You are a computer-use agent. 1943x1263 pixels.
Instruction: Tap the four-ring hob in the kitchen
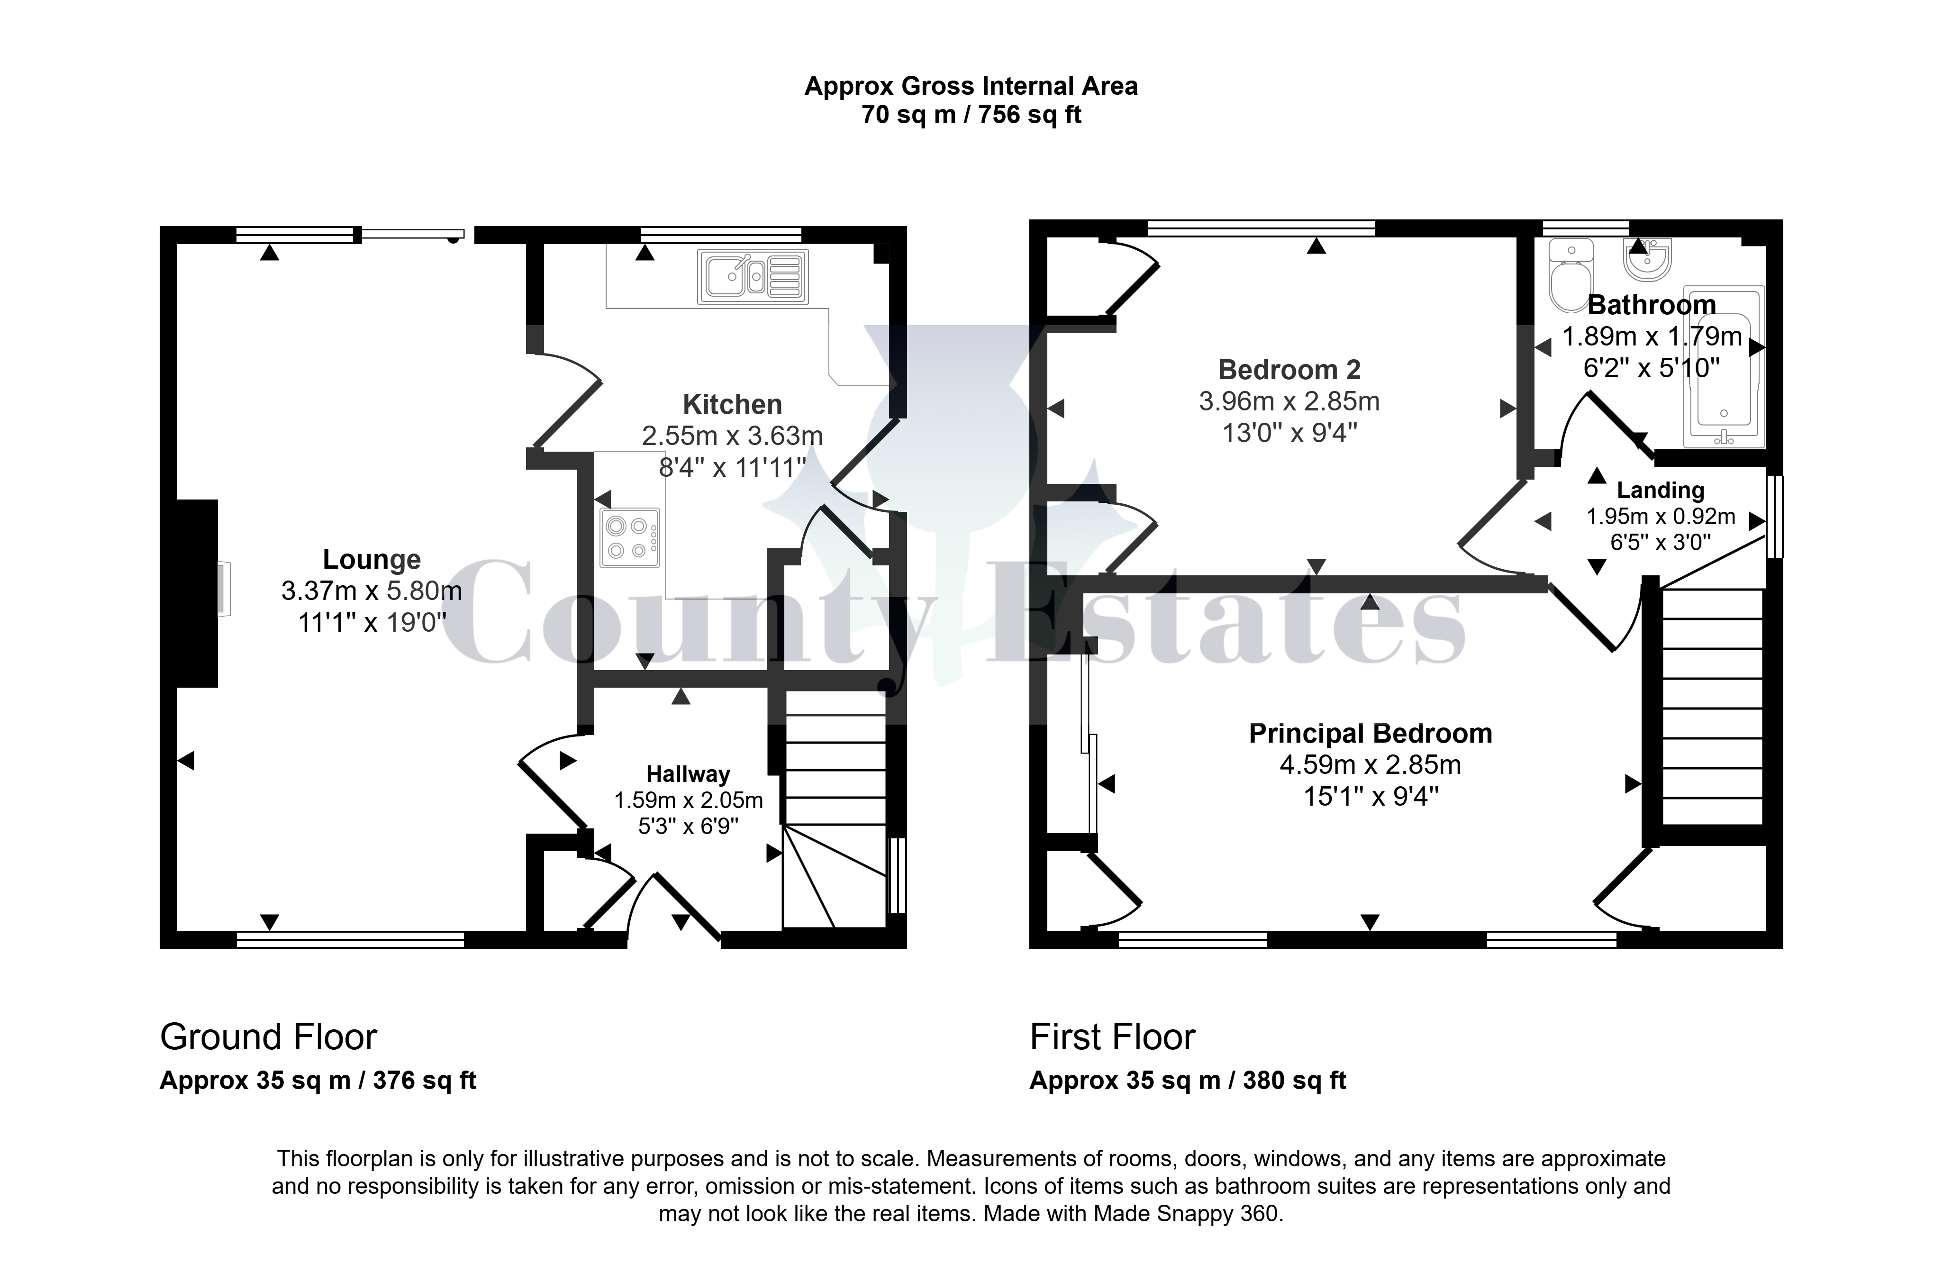point(629,538)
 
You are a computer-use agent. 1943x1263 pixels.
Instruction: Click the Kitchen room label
point(732,404)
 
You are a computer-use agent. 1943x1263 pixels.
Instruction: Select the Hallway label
point(688,774)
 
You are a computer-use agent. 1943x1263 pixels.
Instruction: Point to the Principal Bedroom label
point(1371,733)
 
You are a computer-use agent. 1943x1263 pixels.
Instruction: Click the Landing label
point(1661,490)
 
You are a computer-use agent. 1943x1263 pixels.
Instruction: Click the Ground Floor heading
point(269,1037)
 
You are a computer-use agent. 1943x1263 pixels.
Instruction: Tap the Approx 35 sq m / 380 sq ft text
point(1188,1080)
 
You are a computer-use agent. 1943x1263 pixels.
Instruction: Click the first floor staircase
point(1712,706)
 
